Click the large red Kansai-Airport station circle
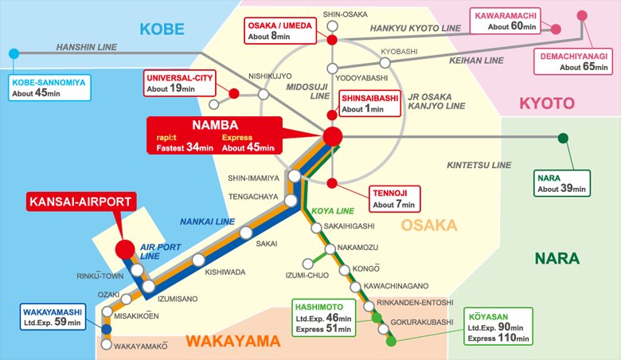click(125, 249)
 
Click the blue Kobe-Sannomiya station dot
click(13, 53)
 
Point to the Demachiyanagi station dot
click(583, 14)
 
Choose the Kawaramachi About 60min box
click(506, 21)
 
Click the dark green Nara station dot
click(563, 138)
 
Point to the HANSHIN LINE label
click(87, 48)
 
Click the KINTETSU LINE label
click(478, 165)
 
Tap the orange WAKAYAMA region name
click(232, 342)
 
